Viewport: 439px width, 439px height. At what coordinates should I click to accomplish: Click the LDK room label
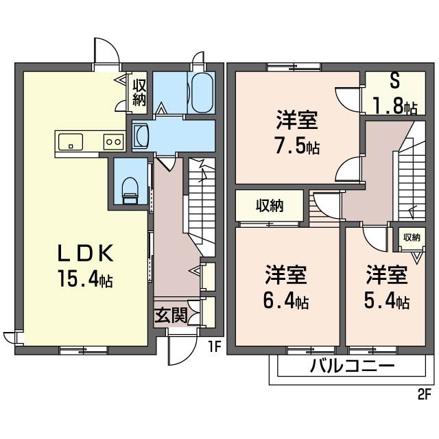(x=84, y=254)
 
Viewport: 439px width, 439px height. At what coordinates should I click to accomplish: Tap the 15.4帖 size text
(x=85, y=280)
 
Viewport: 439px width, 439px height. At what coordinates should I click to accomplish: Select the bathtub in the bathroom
(x=201, y=93)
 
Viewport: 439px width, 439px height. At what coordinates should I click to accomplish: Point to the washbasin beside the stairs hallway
(x=141, y=134)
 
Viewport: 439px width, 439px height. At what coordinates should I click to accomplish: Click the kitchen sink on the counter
(x=71, y=142)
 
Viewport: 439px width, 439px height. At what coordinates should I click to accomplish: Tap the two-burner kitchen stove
(x=112, y=142)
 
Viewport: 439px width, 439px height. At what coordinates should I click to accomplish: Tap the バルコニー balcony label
(x=351, y=366)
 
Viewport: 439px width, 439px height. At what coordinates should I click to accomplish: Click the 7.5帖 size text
(x=296, y=147)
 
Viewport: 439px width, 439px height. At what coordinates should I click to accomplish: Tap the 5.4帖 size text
(x=388, y=301)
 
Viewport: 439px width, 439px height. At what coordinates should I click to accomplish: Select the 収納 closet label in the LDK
(x=139, y=93)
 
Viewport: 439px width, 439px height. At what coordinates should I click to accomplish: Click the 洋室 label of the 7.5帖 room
(x=296, y=121)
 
